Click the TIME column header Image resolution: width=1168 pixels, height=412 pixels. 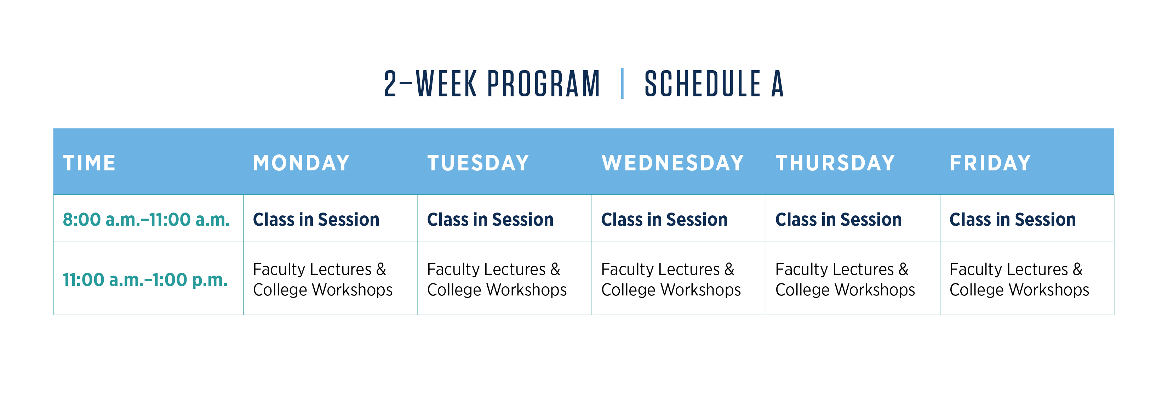89,163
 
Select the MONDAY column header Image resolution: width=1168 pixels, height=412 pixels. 302,163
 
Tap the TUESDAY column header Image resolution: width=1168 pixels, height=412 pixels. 478,163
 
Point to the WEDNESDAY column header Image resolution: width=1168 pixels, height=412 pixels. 672,163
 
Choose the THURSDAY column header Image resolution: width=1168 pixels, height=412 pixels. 835,163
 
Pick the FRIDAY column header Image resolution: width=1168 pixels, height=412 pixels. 990,163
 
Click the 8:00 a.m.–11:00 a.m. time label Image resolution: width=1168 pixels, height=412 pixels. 146,220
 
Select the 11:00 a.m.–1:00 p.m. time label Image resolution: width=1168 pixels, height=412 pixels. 145,280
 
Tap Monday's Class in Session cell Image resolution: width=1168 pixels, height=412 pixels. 316,220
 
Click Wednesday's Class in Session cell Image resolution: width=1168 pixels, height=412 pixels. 664,220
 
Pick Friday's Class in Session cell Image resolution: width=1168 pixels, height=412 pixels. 1013,220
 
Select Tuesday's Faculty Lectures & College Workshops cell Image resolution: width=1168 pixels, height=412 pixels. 497,280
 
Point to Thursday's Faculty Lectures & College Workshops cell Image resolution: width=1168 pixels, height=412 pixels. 845,280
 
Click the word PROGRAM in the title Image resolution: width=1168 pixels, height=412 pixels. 544,84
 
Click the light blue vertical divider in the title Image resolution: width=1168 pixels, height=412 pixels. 622,84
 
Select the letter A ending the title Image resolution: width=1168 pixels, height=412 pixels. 778,84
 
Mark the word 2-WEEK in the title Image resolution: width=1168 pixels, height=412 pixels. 431,84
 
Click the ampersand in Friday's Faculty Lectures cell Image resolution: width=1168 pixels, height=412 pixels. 1077,270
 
